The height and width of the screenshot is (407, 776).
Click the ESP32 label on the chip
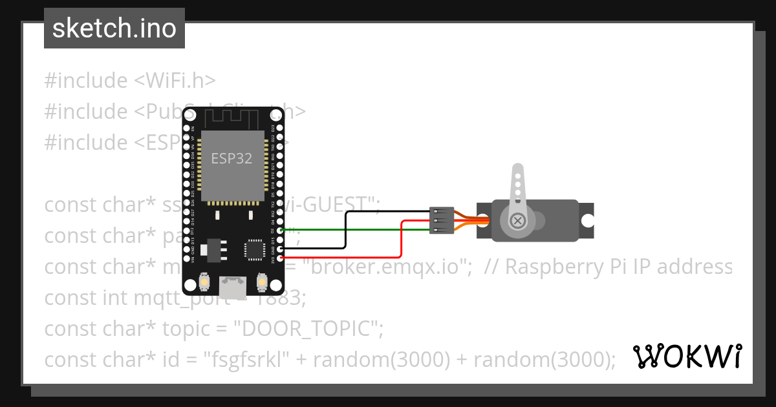(232, 158)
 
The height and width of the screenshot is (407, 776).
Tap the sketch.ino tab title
(114, 28)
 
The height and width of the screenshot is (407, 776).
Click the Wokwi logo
(687, 357)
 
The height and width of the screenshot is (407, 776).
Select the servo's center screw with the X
(517, 221)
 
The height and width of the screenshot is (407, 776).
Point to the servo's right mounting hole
(587, 220)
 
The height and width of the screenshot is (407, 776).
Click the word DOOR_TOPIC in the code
(308, 329)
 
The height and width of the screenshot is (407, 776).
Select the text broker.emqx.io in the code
(389, 266)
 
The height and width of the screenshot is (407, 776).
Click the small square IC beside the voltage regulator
(255, 249)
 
